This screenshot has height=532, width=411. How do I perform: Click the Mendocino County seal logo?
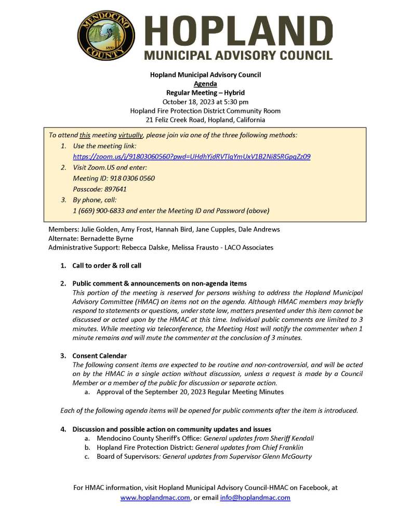tap(106, 35)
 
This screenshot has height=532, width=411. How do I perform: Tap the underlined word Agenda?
tap(205, 84)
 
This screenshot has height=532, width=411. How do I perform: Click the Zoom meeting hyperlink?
tap(192, 156)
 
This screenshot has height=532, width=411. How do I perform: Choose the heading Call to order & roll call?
tap(107, 266)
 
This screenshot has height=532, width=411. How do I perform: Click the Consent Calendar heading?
tap(99, 356)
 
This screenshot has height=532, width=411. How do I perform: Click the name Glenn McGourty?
tap(288, 457)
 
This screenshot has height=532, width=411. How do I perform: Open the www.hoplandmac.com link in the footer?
tap(155, 498)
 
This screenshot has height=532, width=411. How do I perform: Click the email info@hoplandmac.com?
tap(255, 498)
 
